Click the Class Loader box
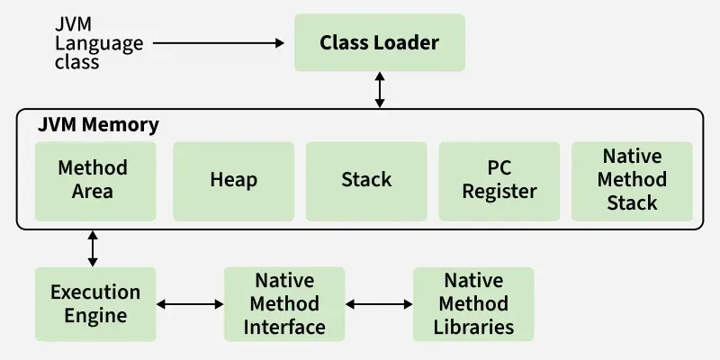[379, 42]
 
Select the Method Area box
[93, 180]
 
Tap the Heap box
[233, 180]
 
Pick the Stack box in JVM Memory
[366, 180]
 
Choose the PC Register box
[499, 180]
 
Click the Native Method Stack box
[632, 180]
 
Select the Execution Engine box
[95, 304]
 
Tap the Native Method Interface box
[284, 304]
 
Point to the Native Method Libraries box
[473, 304]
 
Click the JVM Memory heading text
[98, 125]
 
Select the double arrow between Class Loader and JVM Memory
[380, 91]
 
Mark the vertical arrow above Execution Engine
[93, 248]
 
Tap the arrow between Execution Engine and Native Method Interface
[190, 304]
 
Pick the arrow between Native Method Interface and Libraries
[379, 304]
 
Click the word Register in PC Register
[499, 191]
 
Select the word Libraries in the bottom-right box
[473, 326]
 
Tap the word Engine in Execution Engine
[95, 316]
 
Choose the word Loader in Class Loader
[409, 42]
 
